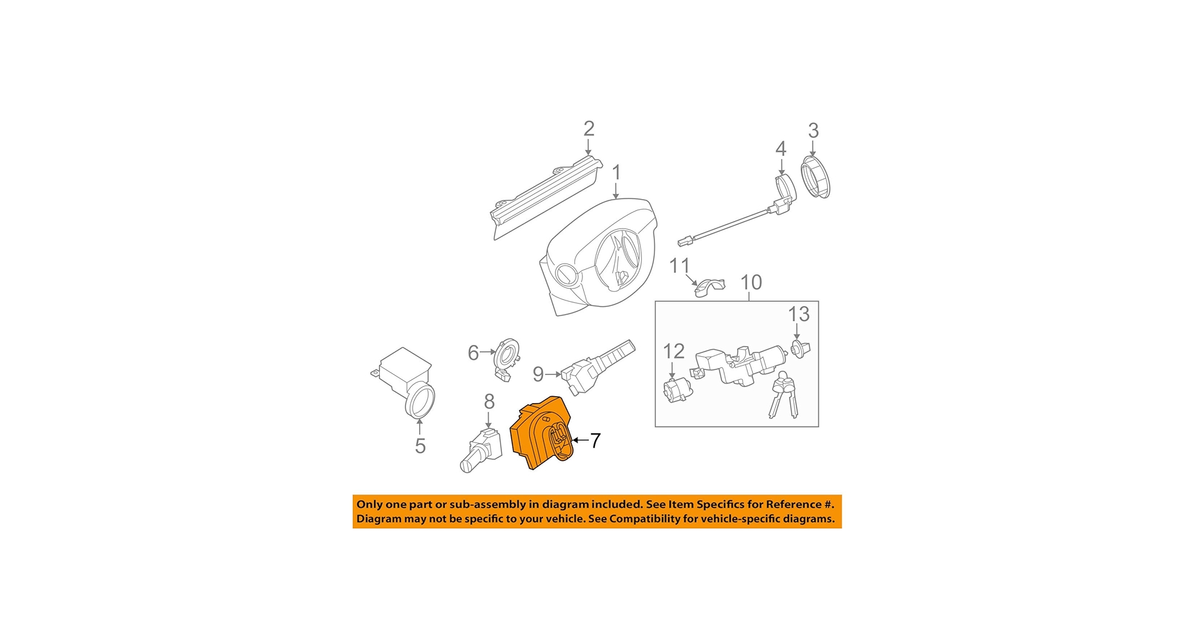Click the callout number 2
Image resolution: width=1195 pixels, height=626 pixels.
(x=588, y=128)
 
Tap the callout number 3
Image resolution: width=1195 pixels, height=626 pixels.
(x=813, y=130)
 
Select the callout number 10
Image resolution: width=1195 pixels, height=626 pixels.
(x=751, y=282)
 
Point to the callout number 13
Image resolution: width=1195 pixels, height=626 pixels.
(x=798, y=314)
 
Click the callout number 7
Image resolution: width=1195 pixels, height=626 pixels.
(x=595, y=441)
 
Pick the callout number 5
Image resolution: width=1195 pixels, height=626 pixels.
(x=420, y=446)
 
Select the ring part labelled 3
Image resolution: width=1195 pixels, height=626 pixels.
(x=816, y=178)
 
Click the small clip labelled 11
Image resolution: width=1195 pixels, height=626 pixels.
(x=709, y=287)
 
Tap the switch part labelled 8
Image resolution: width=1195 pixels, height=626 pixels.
(x=483, y=449)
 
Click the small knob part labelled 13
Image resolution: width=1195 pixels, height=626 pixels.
(x=800, y=348)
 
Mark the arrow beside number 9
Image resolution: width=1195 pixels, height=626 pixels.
(x=553, y=374)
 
